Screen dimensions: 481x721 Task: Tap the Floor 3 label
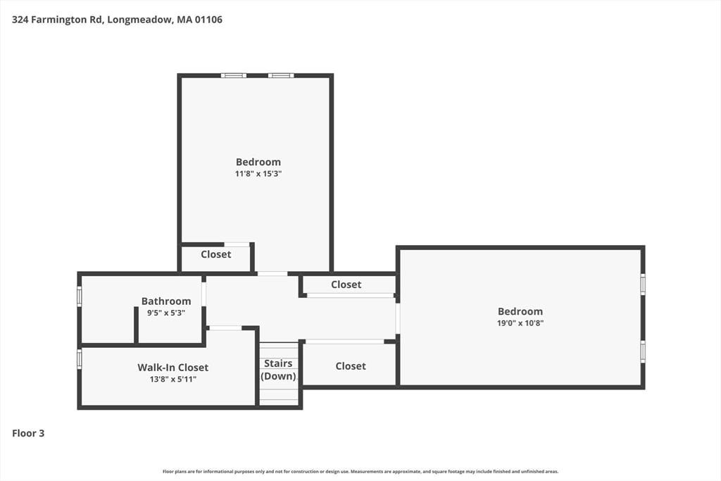pos(28,433)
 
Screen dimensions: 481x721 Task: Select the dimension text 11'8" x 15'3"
pos(258,174)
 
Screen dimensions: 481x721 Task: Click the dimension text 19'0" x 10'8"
pos(520,323)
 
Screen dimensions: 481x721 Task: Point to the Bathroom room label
pos(166,301)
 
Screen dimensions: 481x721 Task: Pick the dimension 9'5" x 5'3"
pos(166,313)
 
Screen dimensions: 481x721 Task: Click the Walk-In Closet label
pos(173,368)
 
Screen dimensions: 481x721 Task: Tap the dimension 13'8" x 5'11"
pos(173,380)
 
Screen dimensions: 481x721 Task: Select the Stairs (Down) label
pos(278,370)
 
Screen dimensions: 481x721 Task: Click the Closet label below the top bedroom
pos(215,254)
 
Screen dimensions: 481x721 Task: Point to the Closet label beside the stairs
pos(350,366)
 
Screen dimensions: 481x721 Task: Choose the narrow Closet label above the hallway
pos(346,285)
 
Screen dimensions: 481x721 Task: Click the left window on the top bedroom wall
pos(233,75)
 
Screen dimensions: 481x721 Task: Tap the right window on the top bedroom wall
pos(280,75)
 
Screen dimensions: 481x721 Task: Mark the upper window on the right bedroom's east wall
pos(642,284)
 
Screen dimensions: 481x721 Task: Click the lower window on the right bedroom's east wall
pos(642,351)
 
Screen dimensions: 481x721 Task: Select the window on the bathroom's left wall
pos(80,296)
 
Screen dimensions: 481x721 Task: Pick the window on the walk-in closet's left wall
pos(80,359)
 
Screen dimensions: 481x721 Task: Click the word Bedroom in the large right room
pos(520,311)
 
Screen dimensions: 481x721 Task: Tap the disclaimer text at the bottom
pos(360,471)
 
